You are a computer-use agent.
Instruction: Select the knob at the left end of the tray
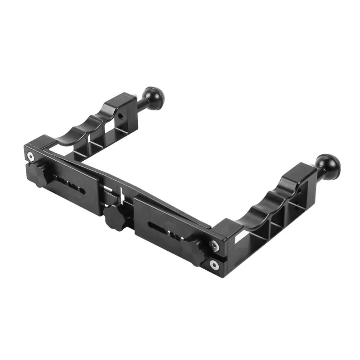(x=37, y=173)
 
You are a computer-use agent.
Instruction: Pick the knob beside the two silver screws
(x=197, y=247)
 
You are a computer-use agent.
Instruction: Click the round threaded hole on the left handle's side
(x=121, y=115)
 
